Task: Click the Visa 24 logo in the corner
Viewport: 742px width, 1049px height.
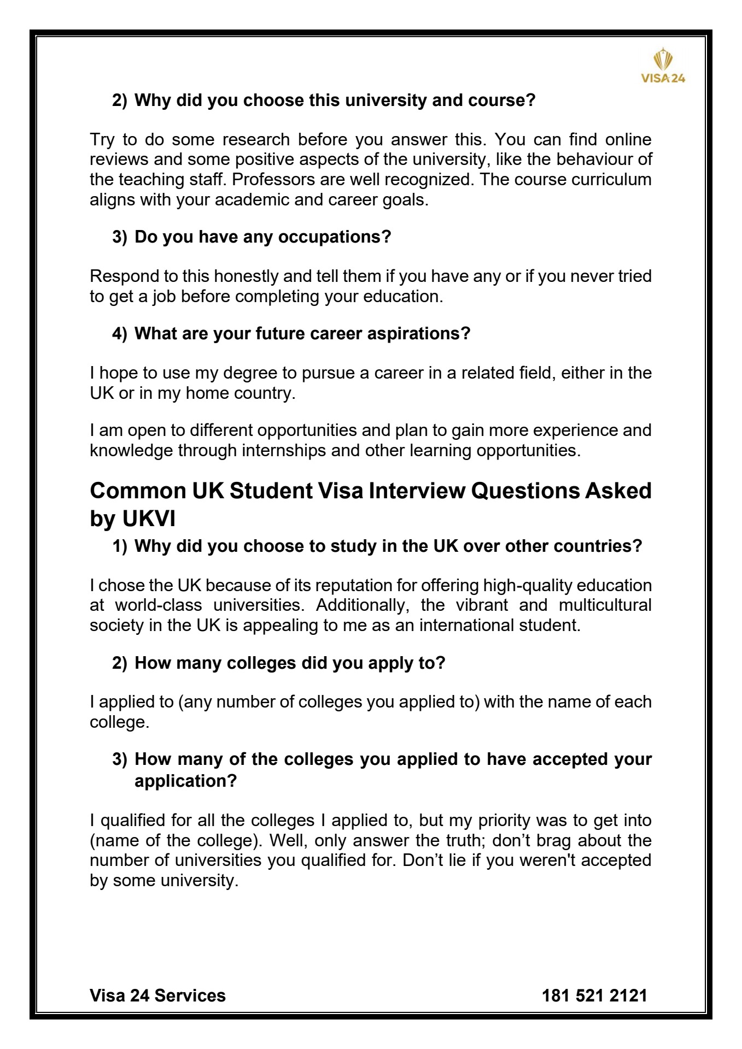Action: coord(662,66)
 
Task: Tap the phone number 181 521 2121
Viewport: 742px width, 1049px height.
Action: coord(594,995)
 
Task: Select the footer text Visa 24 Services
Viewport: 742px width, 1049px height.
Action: coord(157,995)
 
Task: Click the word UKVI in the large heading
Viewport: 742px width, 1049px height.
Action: coord(149,518)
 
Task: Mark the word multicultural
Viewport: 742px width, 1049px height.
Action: coord(605,605)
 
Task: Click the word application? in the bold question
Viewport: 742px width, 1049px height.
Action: coord(185,781)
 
